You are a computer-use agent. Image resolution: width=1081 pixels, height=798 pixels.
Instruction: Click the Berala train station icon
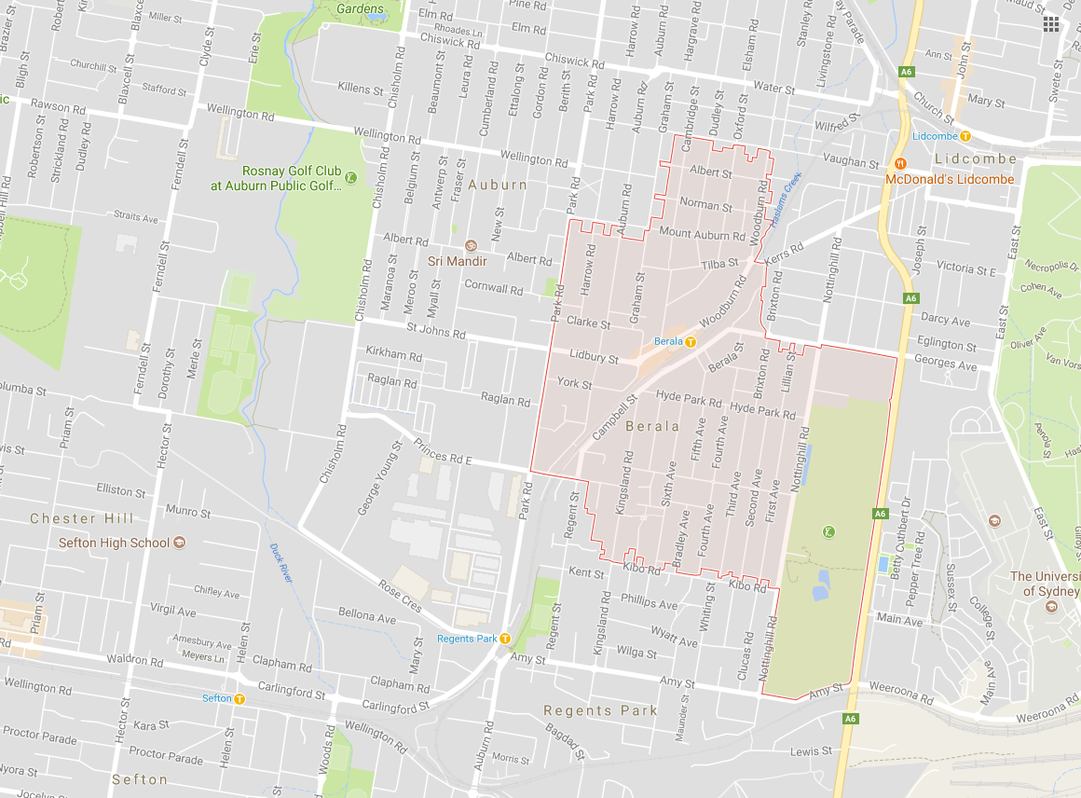pyautogui.click(x=691, y=342)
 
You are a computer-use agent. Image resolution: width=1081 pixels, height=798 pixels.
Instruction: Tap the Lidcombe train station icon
pyautogui.click(x=965, y=136)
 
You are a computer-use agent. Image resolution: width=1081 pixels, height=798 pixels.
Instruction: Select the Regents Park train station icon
pyautogui.click(x=504, y=639)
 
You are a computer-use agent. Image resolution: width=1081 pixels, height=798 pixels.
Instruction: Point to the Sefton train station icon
pyautogui.click(x=239, y=698)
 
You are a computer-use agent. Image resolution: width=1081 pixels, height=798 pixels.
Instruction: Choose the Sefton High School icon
pyautogui.click(x=179, y=543)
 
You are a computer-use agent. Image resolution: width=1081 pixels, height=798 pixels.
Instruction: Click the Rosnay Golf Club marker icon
pyautogui.click(x=350, y=177)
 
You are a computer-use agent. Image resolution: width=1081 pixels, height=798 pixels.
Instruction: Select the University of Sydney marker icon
pyautogui.click(x=1051, y=608)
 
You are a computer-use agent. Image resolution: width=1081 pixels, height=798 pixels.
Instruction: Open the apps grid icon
pyautogui.click(x=1051, y=24)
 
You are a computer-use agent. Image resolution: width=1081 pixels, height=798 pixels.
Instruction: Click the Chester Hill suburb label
pyautogui.click(x=82, y=518)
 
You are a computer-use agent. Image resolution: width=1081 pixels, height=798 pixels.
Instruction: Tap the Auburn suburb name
pyautogui.click(x=497, y=185)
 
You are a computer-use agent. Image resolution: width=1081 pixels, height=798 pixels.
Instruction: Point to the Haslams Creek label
pyautogui.click(x=780, y=195)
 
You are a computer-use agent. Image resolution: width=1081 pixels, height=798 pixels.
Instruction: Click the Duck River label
pyautogui.click(x=281, y=563)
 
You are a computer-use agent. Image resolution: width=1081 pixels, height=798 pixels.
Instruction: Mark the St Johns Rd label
pyautogui.click(x=435, y=331)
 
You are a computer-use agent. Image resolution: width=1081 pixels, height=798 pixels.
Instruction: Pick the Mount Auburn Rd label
pyautogui.click(x=702, y=233)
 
